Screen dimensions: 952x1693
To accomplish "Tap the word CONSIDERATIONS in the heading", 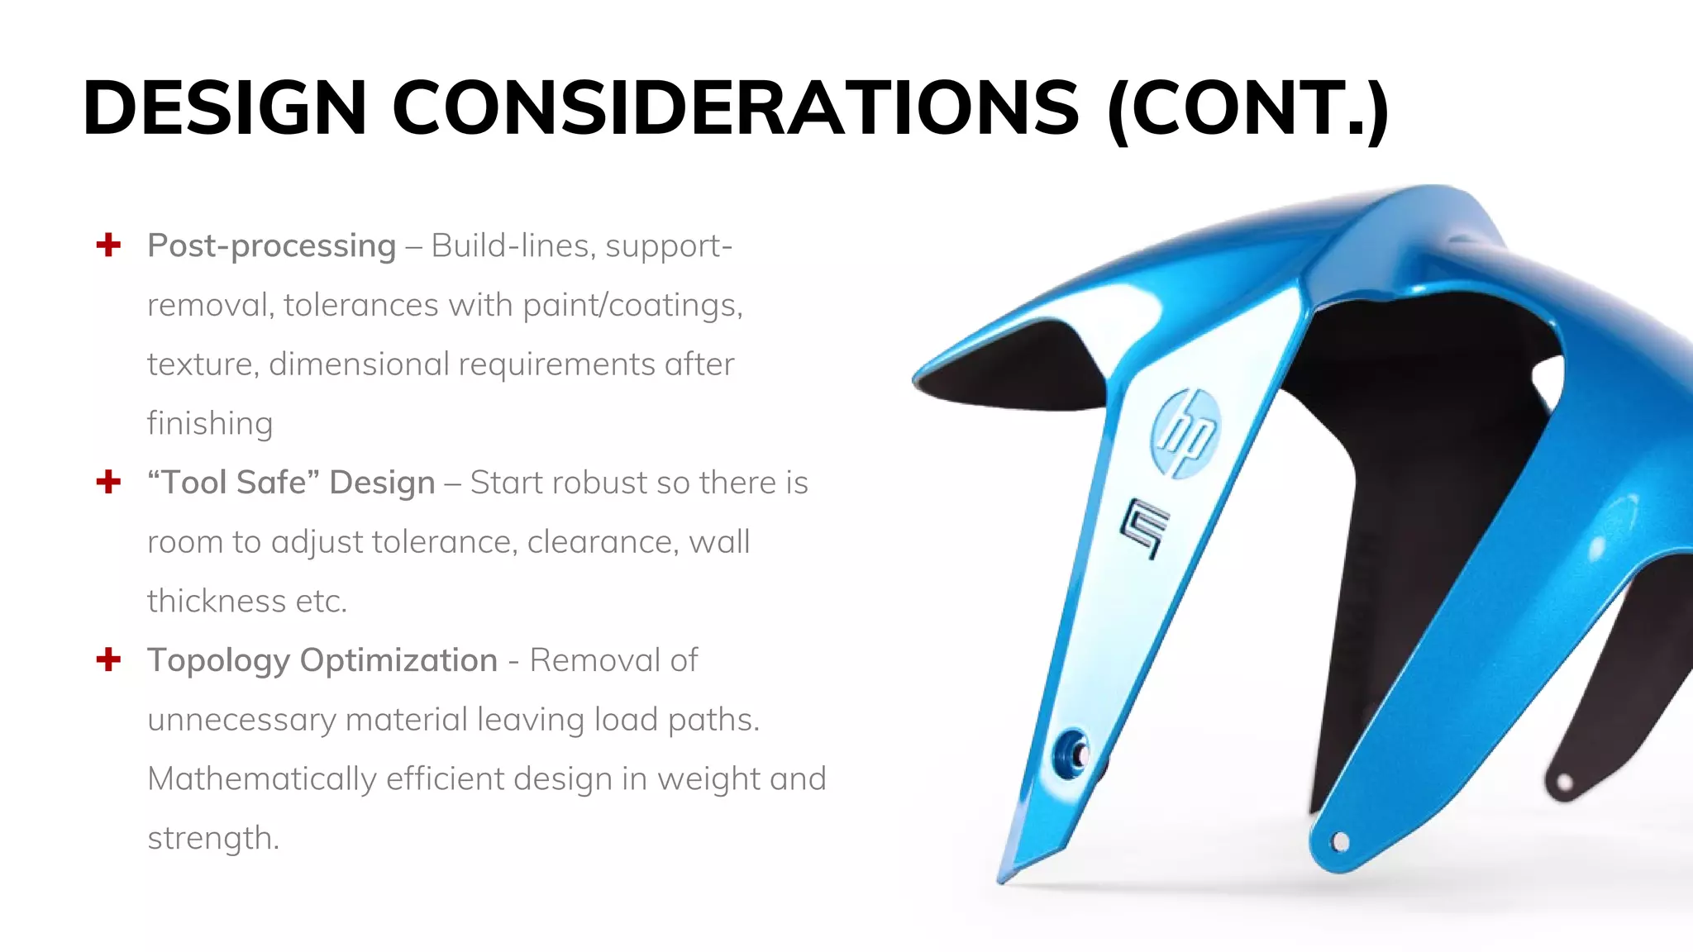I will point(735,108).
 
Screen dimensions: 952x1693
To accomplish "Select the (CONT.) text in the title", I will point(1247,108).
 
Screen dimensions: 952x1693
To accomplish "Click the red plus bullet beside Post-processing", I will point(108,245).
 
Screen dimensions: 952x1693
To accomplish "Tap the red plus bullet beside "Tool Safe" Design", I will point(108,482).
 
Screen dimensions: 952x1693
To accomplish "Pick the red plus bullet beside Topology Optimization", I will point(108,659).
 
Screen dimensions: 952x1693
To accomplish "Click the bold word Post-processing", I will point(271,246).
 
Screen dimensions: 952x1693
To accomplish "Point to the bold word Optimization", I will point(398,661).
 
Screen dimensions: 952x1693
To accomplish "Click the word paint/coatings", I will point(632,306).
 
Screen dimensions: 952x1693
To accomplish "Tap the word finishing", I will point(210,424).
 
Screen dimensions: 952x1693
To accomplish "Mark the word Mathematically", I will point(261,779).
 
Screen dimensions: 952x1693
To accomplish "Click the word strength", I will point(212,839).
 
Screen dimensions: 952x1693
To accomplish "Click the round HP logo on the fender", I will point(1185,433).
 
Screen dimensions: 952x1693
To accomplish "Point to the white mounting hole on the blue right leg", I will point(1340,842).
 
